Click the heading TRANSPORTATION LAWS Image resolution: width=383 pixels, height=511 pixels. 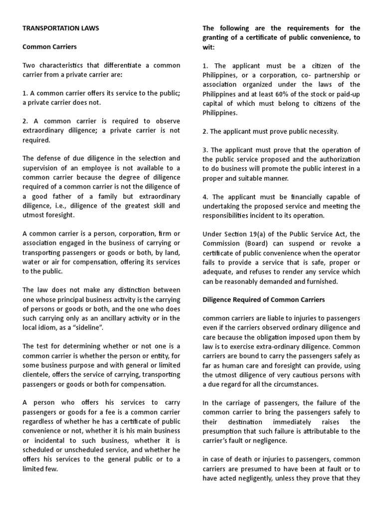[x=61, y=28]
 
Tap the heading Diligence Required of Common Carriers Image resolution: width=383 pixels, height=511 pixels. [x=263, y=300]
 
